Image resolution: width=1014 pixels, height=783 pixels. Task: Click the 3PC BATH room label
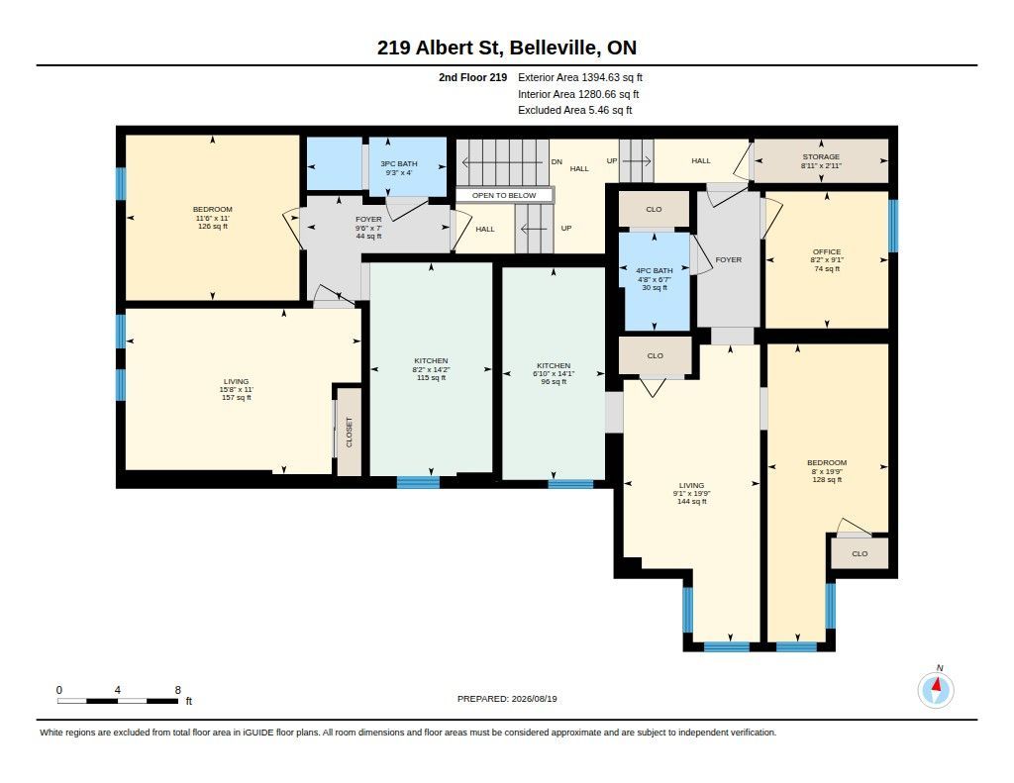[399, 168]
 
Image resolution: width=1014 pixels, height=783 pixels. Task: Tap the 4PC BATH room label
[655, 279]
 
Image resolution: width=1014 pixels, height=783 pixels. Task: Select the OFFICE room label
[827, 260]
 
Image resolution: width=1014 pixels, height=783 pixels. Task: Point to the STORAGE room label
[821, 161]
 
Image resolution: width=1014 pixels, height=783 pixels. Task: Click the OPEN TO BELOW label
[504, 195]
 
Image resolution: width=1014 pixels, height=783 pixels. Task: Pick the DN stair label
[557, 161]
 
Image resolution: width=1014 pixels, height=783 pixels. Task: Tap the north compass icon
[936, 689]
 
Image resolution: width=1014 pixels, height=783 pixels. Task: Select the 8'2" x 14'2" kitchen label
[432, 369]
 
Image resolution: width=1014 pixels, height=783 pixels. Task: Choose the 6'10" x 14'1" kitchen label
[554, 374]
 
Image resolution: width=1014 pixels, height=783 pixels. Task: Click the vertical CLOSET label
[350, 432]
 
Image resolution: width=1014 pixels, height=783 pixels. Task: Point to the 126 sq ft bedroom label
[213, 218]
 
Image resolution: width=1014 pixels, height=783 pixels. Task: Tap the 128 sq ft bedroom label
[827, 471]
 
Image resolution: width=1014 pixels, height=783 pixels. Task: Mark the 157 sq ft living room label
[237, 390]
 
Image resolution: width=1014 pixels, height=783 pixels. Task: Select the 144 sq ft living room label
[691, 493]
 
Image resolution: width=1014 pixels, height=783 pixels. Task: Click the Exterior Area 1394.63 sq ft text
[580, 77]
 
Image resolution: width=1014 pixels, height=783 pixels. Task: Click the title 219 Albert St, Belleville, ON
[507, 48]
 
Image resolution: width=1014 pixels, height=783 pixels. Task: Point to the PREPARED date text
[507, 699]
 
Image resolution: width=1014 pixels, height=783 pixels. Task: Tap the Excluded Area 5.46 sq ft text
[575, 111]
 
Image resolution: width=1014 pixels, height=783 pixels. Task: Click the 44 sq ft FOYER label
[368, 228]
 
